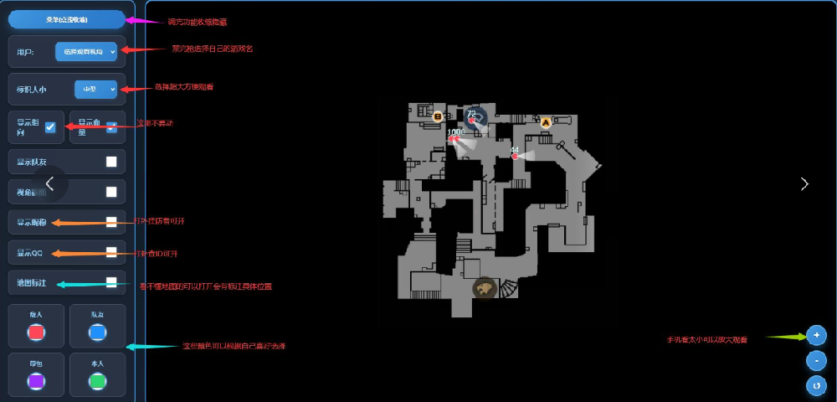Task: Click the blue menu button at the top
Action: (x=66, y=18)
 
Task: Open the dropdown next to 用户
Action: (x=86, y=52)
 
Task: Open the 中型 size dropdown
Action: (x=95, y=88)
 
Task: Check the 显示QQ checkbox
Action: (x=111, y=251)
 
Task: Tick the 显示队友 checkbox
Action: (x=111, y=162)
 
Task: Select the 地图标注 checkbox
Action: (x=111, y=282)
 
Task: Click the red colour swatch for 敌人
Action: (x=36, y=332)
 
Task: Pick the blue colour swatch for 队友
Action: (x=97, y=332)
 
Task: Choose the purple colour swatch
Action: (x=36, y=381)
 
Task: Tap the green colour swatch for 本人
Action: (x=97, y=381)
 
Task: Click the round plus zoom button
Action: (x=816, y=336)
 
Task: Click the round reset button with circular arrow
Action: (x=816, y=385)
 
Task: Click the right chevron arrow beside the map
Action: (x=804, y=183)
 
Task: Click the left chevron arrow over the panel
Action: (x=49, y=183)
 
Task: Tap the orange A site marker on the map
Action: (x=546, y=122)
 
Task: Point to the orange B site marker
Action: (x=438, y=116)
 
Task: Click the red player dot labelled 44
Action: (x=515, y=157)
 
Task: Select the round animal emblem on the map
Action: (x=484, y=289)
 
